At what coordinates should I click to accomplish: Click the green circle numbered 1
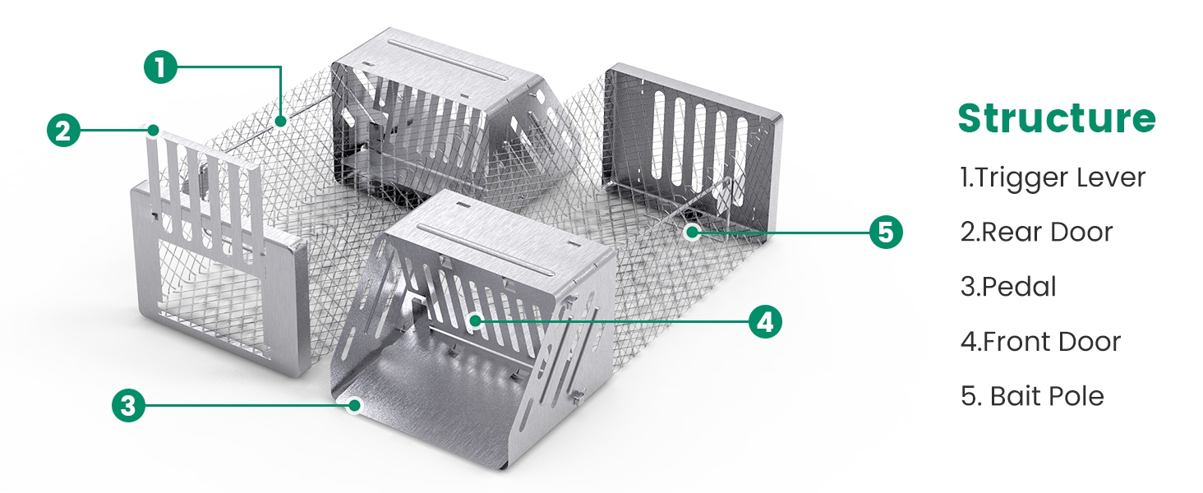pyautogui.click(x=160, y=67)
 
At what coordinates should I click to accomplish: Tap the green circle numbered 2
pyautogui.click(x=63, y=131)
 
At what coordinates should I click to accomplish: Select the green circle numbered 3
pyautogui.click(x=128, y=405)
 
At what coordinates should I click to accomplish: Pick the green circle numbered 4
pyautogui.click(x=765, y=322)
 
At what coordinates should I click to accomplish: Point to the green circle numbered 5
pyautogui.click(x=886, y=232)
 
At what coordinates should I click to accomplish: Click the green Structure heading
pyautogui.click(x=1057, y=118)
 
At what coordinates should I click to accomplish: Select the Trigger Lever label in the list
pyautogui.click(x=1053, y=177)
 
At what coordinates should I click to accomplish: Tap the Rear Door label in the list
pyautogui.click(x=1036, y=232)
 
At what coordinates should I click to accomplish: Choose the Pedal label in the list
pyautogui.click(x=1008, y=286)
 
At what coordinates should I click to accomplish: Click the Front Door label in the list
pyautogui.click(x=1041, y=342)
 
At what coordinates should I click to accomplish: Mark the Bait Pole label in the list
pyautogui.click(x=1032, y=396)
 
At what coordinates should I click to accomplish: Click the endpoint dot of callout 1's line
pyautogui.click(x=280, y=121)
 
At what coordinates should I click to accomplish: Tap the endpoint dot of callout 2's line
pyautogui.click(x=154, y=130)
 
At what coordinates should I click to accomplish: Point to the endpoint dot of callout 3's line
pyautogui.click(x=354, y=405)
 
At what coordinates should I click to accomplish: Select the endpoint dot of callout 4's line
pyautogui.click(x=475, y=321)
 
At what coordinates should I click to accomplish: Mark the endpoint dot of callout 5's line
pyautogui.click(x=693, y=232)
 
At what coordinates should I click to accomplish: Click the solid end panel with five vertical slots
pyautogui.click(x=693, y=150)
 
